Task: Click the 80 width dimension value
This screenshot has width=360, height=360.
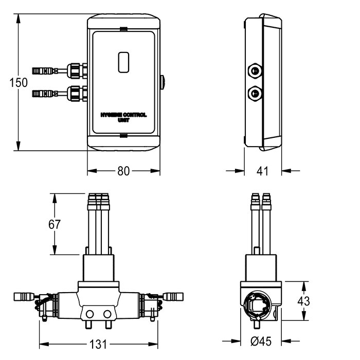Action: click(x=123, y=171)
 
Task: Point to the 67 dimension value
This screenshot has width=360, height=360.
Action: click(x=55, y=225)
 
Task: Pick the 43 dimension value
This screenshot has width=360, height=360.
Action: click(x=304, y=301)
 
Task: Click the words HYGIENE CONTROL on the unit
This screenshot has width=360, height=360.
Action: click(x=124, y=116)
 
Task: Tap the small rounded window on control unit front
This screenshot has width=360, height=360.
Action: click(x=124, y=62)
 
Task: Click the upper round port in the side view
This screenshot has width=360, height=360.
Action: click(x=254, y=70)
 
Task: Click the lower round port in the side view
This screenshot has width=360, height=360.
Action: click(x=254, y=93)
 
